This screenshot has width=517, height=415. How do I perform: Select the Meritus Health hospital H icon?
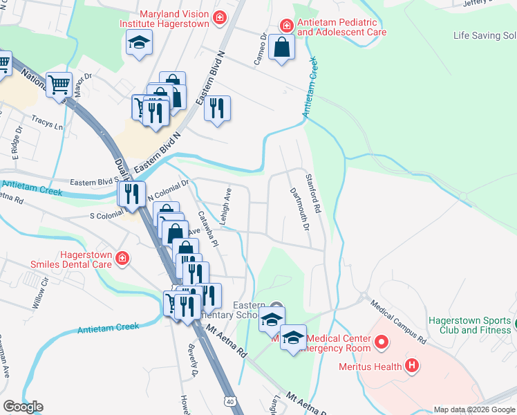click(x=412, y=365)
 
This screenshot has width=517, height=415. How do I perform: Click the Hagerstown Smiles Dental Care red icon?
click(x=122, y=259)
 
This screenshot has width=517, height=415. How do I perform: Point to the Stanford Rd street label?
click(x=312, y=193)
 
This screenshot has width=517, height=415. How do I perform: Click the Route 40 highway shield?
click(x=229, y=400)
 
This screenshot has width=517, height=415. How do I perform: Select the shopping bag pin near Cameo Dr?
click(x=282, y=48)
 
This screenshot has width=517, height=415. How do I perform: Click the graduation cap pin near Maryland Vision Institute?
click(x=139, y=43)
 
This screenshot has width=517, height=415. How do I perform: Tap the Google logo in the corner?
click(x=23, y=407)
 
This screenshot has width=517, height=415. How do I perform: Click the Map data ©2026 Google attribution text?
click(x=474, y=409)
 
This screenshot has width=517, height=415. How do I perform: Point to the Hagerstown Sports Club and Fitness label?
click(x=470, y=325)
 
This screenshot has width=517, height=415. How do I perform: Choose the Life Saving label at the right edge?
click(x=484, y=36)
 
